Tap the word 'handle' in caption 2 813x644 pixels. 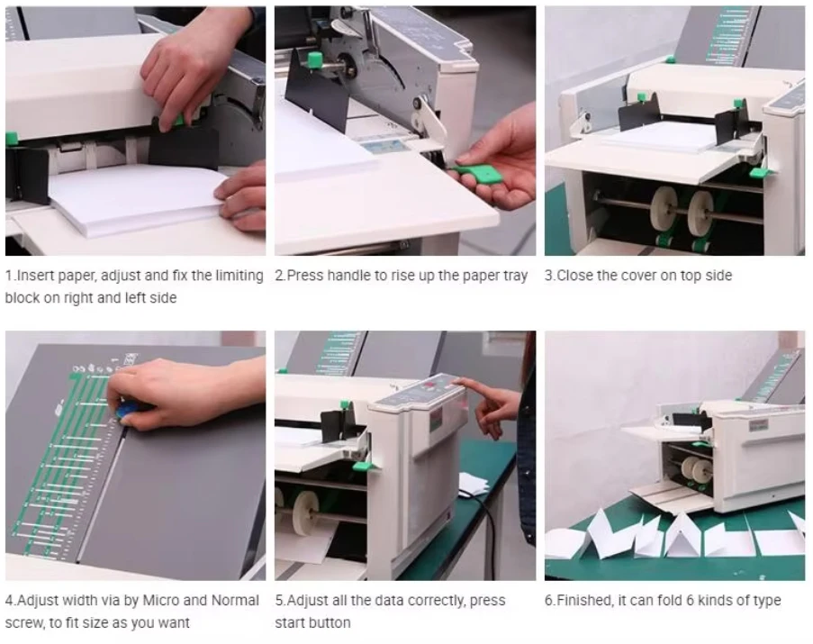pyautogui.click(x=352, y=276)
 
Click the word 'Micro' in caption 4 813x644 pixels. pyautogui.click(x=161, y=600)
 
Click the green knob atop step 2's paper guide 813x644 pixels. pyautogui.click(x=314, y=59)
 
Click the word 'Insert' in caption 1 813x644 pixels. pyautogui.click(x=35, y=276)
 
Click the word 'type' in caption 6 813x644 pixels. pyautogui.click(x=766, y=602)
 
